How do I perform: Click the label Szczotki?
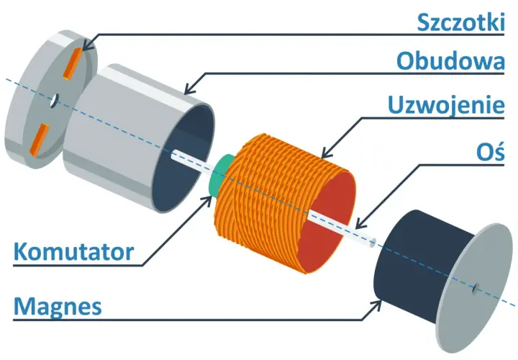click(x=461, y=22)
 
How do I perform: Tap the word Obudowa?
click(x=450, y=61)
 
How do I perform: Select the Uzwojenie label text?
click(x=446, y=105)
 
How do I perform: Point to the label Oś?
click(x=491, y=153)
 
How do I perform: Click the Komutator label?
click(x=73, y=252)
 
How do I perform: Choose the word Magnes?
click(x=58, y=307)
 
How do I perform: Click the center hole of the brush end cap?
click(x=55, y=100)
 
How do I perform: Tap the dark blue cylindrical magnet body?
click(x=419, y=264)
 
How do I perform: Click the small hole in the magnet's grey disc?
click(x=476, y=287)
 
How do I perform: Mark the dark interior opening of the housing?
click(x=183, y=158)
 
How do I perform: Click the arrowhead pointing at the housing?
click(x=190, y=89)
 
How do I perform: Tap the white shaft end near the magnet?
click(x=373, y=243)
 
